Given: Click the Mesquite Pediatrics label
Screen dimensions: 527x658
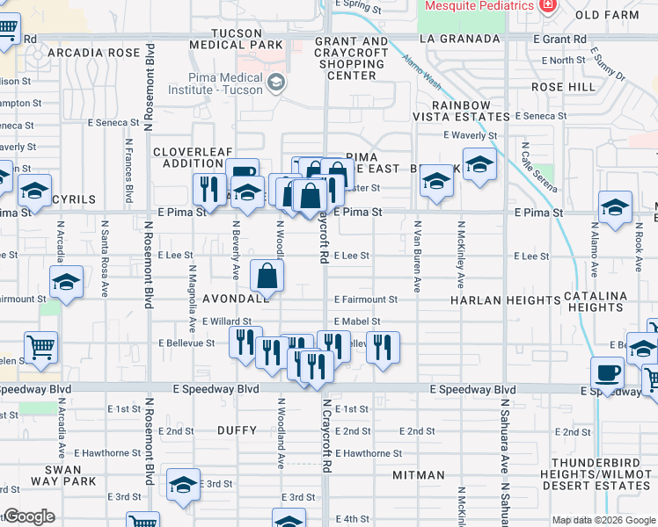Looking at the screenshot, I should point(479,6).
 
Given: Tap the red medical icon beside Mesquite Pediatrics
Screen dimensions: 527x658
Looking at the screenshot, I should point(548,5).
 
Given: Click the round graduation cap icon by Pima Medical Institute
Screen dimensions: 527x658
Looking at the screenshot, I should point(276,83).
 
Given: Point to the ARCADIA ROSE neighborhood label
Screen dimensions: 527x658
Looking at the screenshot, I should point(94,53).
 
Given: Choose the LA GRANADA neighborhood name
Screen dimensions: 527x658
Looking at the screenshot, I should point(452,40).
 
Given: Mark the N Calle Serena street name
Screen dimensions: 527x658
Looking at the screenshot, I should point(530,169).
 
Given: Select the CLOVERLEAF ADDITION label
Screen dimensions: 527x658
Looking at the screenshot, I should point(188,157).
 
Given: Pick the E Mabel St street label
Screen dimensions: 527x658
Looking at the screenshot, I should point(356,321).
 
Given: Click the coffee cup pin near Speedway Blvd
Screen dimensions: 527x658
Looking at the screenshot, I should point(607,372).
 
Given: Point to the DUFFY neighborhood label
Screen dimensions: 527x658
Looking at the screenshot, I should point(235,431).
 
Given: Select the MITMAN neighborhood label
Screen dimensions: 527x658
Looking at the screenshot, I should point(420,475).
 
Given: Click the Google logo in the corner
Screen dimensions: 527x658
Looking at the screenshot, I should point(28,516).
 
